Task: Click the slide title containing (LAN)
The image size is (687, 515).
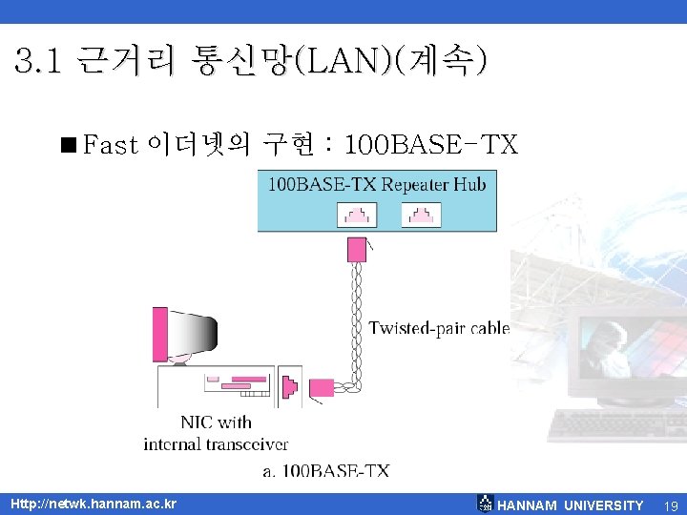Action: [x=251, y=63]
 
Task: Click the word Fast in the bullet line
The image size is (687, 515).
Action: [x=111, y=145]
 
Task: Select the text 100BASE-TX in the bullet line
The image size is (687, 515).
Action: [x=430, y=145]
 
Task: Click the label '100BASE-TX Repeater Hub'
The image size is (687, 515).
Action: [x=376, y=184]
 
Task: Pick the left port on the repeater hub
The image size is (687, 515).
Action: [x=350, y=216]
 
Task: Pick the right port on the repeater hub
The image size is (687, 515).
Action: [x=420, y=216]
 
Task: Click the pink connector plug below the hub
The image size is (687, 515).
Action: [x=358, y=250]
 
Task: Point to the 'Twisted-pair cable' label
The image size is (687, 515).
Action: [x=439, y=329]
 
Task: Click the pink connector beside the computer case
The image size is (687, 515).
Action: [x=323, y=388]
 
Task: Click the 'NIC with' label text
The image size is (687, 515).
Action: [x=216, y=422]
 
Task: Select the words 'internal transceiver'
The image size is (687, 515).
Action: [x=216, y=443]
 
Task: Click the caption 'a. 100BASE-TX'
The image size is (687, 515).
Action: [x=325, y=470]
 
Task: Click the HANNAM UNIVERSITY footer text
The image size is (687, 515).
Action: [x=571, y=505]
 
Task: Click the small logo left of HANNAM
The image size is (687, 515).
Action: [x=486, y=504]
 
